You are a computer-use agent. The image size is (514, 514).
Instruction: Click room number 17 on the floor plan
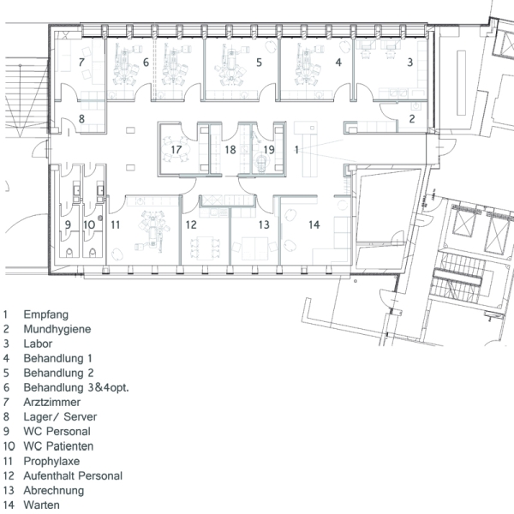(x=176, y=150)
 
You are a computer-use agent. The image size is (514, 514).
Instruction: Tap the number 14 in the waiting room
(x=314, y=224)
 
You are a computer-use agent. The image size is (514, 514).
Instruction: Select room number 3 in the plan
(x=409, y=63)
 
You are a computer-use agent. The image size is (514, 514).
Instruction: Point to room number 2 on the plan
(x=412, y=119)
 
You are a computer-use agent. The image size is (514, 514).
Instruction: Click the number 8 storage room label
(x=81, y=119)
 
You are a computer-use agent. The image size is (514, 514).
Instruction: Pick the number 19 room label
(x=269, y=150)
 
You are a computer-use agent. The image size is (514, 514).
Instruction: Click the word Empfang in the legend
(x=46, y=314)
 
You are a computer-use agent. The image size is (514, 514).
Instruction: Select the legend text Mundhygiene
(x=57, y=329)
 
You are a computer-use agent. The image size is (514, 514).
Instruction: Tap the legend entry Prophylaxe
(x=51, y=461)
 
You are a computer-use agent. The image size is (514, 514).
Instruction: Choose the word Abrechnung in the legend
(x=54, y=490)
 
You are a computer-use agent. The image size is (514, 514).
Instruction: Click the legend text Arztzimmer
(x=51, y=403)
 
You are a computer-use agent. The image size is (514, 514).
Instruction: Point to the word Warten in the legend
(x=42, y=505)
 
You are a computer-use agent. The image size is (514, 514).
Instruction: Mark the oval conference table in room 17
(x=176, y=149)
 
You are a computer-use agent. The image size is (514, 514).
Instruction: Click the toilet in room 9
(x=69, y=253)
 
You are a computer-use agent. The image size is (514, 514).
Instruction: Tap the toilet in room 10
(x=93, y=253)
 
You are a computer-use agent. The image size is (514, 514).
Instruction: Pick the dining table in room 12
(x=206, y=248)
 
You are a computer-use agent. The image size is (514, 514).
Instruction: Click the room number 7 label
(x=81, y=63)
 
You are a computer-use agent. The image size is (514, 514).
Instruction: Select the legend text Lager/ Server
(x=60, y=417)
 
